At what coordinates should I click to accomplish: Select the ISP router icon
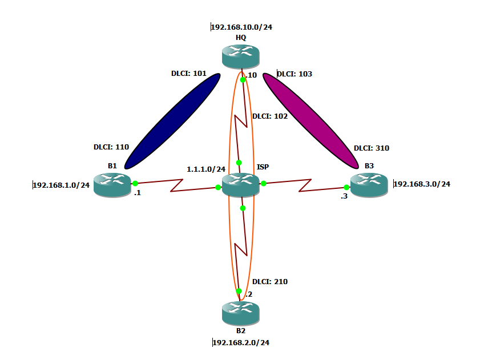[240, 184]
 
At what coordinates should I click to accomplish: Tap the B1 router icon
[112, 184]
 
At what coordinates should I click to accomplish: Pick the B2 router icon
[240, 313]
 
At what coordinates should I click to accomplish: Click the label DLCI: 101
[188, 74]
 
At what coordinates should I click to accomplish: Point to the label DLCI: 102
[270, 116]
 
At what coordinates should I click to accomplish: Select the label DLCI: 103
[295, 74]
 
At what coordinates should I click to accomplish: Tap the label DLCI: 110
[111, 147]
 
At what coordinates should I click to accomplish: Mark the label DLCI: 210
[270, 281]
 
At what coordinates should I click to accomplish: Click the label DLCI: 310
[372, 148]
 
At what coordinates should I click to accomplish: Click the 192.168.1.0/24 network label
[62, 185]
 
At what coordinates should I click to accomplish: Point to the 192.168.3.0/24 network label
[422, 184]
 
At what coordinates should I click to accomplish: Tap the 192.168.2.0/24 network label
[240, 342]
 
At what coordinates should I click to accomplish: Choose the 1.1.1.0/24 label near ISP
[206, 169]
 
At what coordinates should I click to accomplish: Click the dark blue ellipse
[172, 121]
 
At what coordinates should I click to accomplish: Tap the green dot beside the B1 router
[135, 184]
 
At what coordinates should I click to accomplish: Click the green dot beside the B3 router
[346, 187]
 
